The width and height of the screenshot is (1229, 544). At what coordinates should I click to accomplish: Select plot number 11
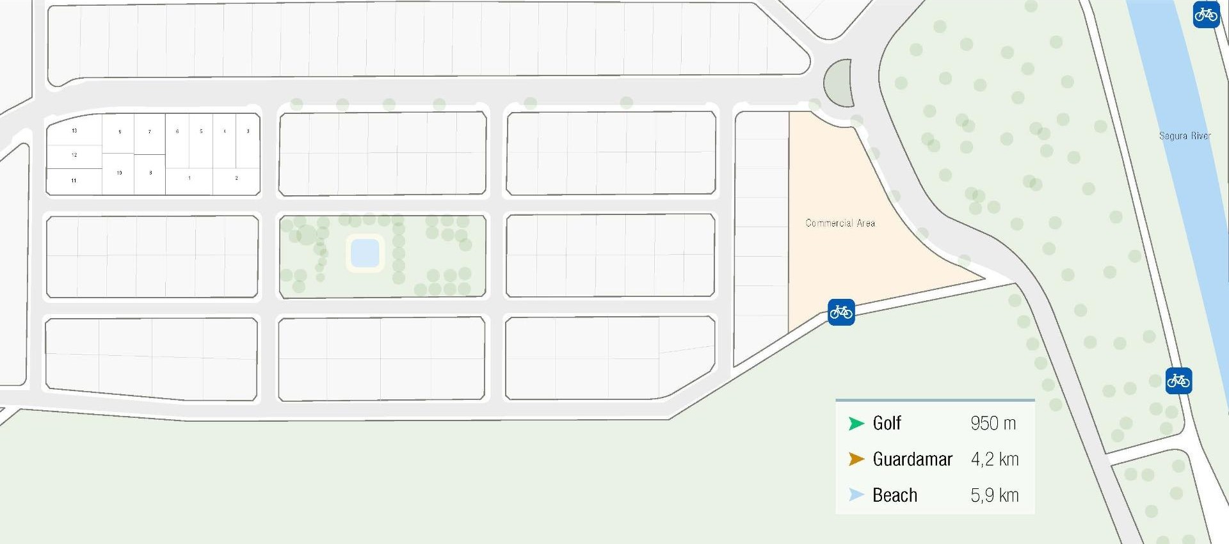[74, 180]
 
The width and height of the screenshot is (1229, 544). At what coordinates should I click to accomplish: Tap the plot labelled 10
[119, 173]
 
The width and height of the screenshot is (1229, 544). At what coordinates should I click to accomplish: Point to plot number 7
[150, 132]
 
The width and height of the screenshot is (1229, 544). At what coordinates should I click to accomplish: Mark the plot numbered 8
[150, 173]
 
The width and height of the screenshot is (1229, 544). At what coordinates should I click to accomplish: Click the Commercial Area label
[840, 223]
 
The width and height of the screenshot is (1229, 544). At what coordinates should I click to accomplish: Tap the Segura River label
[1184, 136]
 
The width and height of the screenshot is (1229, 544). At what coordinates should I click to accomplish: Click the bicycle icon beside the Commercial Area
[841, 312]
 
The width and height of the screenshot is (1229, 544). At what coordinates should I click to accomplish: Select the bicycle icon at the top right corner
[1206, 14]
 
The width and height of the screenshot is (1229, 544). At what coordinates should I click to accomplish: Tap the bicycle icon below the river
[1178, 381]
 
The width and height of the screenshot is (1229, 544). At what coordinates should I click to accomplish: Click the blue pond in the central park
[365, 253]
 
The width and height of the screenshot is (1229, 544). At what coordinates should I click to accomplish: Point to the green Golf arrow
[856, 423]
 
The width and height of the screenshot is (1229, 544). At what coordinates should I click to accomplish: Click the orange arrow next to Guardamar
[856, 459]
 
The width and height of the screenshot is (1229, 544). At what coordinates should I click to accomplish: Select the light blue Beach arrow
[856, 495]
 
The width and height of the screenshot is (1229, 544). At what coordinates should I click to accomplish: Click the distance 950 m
[993, 423]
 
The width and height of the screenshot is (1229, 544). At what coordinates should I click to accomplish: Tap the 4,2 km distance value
[994, 459]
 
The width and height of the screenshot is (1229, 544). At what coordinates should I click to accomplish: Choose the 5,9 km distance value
[994, 495]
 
